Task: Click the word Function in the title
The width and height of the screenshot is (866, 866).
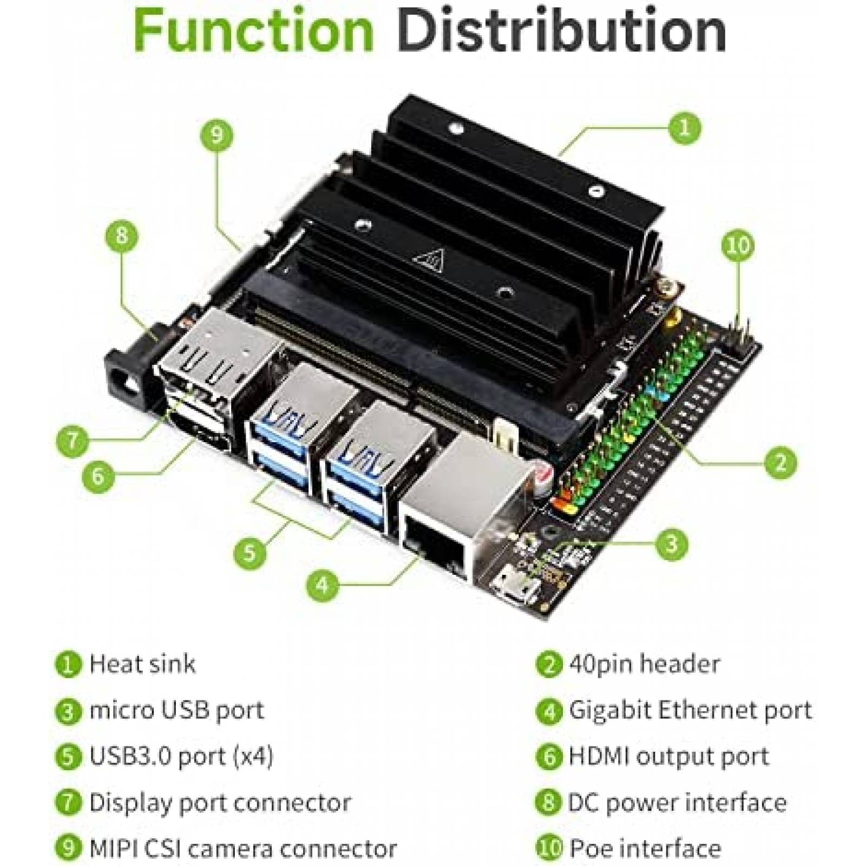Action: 253,31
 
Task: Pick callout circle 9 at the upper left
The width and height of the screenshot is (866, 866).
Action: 216,133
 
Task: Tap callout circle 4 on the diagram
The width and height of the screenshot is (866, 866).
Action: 323,585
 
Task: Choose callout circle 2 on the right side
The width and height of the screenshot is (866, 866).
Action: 780,462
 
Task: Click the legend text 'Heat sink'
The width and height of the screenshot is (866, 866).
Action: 142,664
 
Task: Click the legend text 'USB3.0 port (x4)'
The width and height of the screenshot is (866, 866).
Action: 181,756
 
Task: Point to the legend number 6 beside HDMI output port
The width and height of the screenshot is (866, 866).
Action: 549,757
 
